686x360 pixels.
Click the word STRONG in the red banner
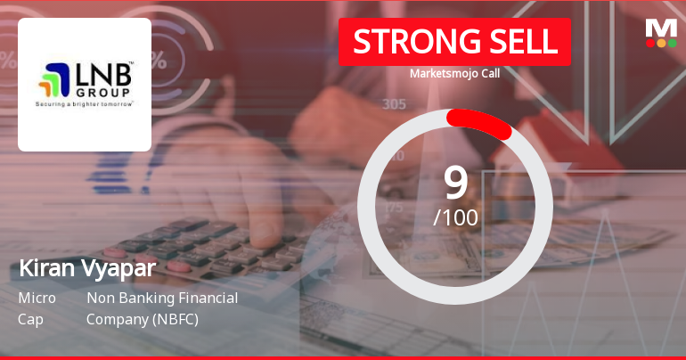tap(411, 41)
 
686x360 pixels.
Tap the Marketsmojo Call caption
tap(454, 73)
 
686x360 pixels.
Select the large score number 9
tap(455, 183)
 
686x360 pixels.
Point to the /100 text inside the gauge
tap(455, 217)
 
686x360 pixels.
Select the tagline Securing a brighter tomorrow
tap(85, 103)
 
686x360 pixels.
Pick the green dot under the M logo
tap(673, 43)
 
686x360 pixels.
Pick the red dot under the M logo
tap(649, 43)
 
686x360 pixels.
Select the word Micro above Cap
tap(37, 298)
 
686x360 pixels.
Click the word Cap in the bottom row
tap(30, 319)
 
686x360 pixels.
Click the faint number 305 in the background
tap(395, 104)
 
